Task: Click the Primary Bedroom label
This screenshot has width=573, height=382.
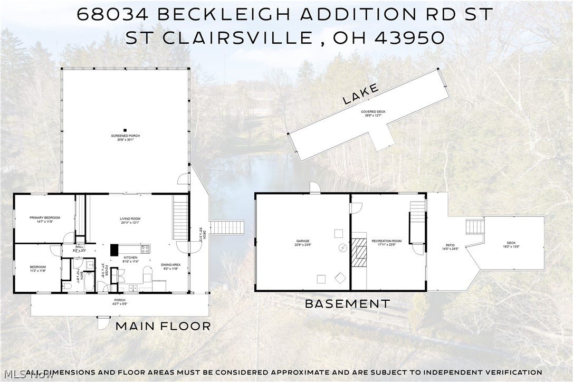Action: pos(45,218)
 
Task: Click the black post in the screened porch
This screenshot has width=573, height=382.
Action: pos(125,130)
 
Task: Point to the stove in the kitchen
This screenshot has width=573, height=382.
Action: pos(145,249)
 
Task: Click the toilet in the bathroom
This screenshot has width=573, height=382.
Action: pos(67,285)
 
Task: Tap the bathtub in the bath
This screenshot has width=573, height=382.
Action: pos(89,279)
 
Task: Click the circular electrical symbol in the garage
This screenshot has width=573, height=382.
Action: pos(342,247)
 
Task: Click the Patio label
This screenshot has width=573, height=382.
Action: pos(450,245)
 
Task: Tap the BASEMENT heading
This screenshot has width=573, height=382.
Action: pos(348,304)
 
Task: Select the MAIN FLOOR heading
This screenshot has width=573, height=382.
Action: pos(163,326)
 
